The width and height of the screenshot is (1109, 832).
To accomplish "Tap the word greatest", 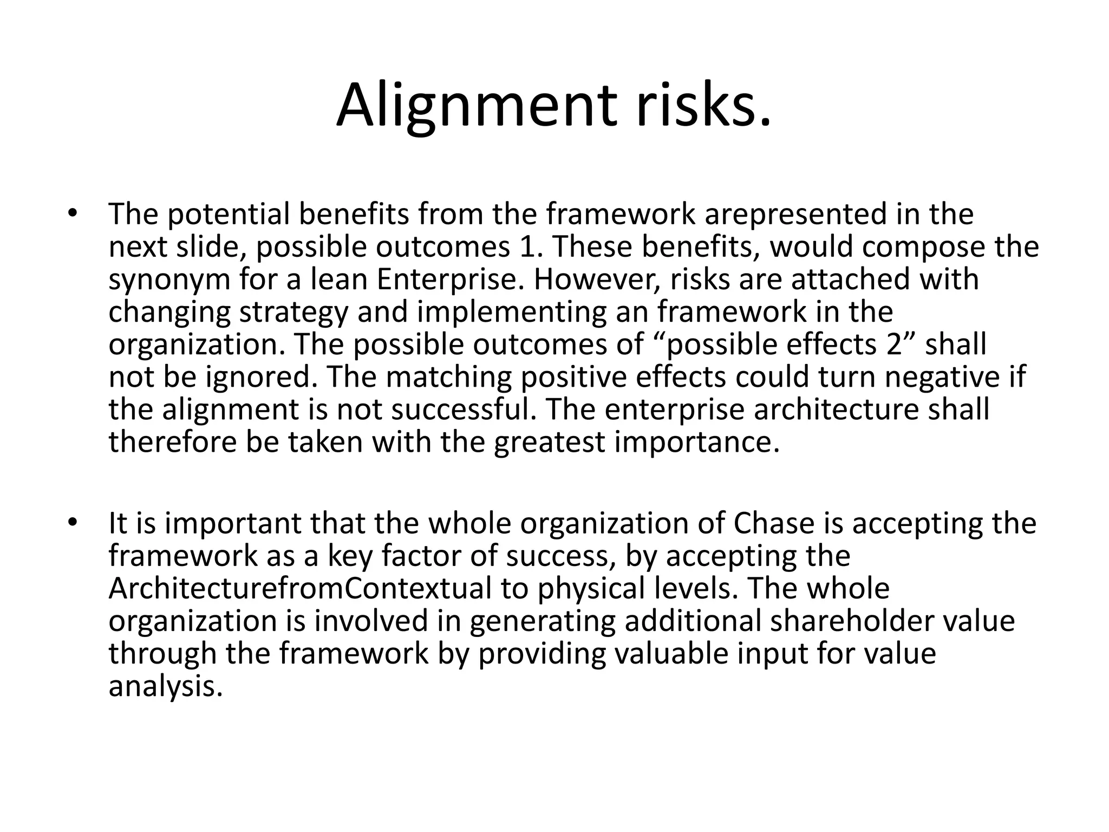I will [x=549, y=443].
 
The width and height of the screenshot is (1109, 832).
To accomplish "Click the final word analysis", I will [x=165, y=686].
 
